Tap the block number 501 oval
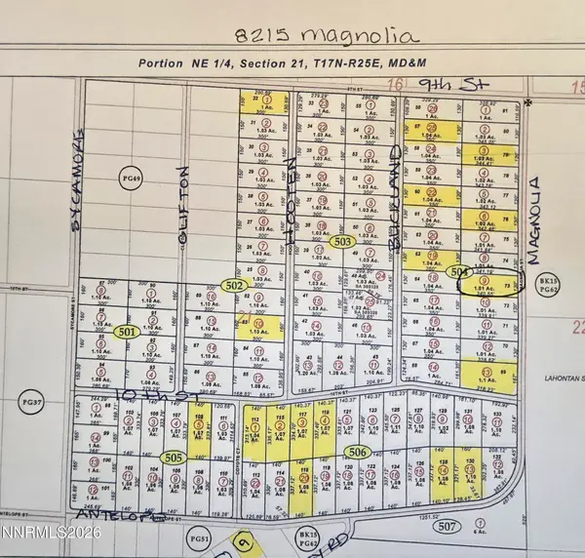pos(126,332)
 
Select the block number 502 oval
pos(233,285)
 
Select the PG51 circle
pos(200,537)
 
